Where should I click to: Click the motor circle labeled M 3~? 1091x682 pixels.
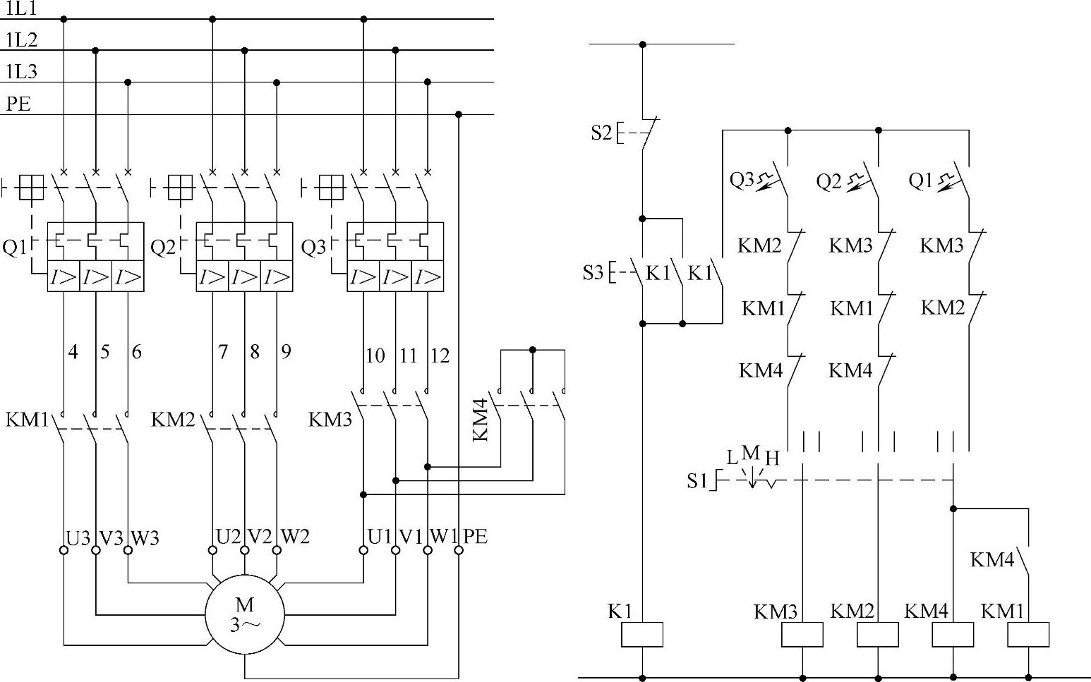pyautogui.click(x=245, y=614)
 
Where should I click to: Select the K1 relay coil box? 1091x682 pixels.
pyautogui.click(x=642, y=635)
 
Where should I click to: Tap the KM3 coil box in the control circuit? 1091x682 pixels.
pyautogui.click(x=802, y=635)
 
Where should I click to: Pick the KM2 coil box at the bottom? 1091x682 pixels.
pyautogui.click(x=878, y=635)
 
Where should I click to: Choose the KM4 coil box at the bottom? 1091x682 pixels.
pyautogui.click(x=953, y=635)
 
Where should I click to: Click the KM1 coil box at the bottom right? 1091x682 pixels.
pyautogui.click(x=1028, y=635)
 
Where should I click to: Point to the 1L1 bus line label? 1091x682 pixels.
pyautogui.click(x=21, y=9)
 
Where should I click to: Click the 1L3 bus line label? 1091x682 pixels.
pyautogui.click(x=21, y=72)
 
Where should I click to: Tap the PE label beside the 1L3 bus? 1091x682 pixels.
pyautogui.click(x=18, y=104)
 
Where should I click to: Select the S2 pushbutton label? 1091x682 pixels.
pyautogui.click(x=601, y=132)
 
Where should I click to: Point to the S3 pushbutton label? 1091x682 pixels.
pyautogui.click(x=593, y=272)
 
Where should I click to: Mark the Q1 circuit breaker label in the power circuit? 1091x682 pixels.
pyautogui.click(x=14, y=248)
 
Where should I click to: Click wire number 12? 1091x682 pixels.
pyautogui.click(x=439, y=355)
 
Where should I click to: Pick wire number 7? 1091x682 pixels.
pyautogui.click(x=223, y=351)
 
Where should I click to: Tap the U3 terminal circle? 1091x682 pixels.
pyautogui.click(x=64, y=550)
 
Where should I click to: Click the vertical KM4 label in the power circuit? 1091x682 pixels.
pyautogui.click(x=481, y=420)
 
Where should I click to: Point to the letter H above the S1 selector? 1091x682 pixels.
pyautogui.click(x=772, y=458)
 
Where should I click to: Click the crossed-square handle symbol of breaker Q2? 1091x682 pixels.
pyautogui.click(x=181, y=188)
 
